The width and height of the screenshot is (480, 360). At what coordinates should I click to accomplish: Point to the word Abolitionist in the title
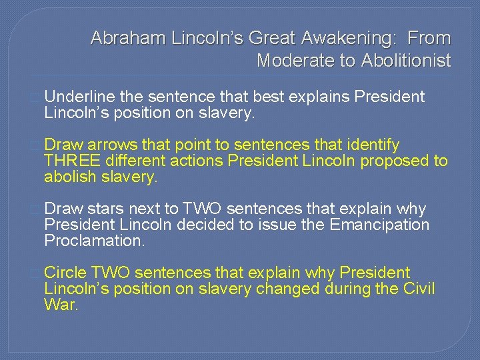point(406,61)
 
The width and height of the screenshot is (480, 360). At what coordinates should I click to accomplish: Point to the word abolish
point(69,177)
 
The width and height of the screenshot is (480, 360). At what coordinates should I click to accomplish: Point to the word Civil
point(419,289)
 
